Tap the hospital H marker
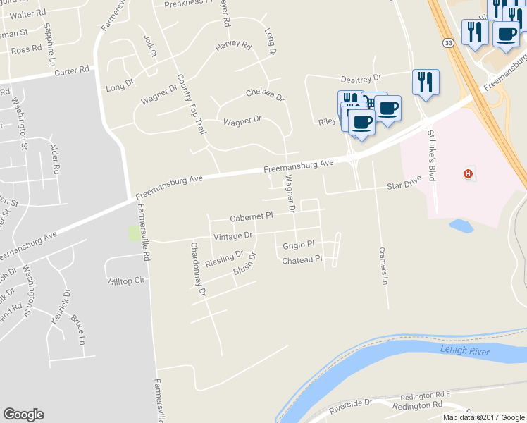point(466,173)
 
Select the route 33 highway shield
point(448,43)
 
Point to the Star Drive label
point(404,186)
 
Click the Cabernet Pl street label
point(252,217)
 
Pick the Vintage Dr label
point(232,235)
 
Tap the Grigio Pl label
point(298,245)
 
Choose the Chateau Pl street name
point(302,260)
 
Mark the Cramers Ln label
point(383,265)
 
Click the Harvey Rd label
point(233,47)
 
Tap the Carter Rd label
point(73,70)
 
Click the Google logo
point(23,415)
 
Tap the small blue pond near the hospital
point(460,226)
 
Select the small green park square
point(133,233)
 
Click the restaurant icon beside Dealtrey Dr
point(426,82)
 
